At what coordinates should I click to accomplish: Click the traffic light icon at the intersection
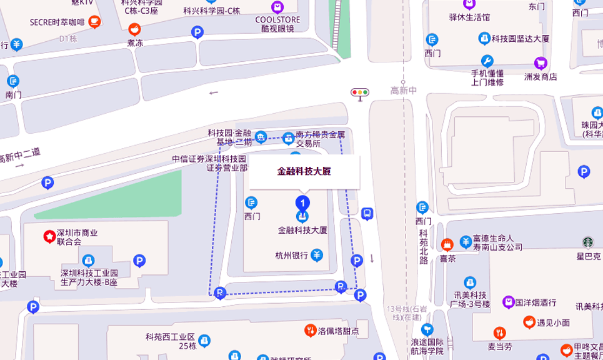[359, 92]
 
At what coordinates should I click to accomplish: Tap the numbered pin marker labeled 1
[302, 203]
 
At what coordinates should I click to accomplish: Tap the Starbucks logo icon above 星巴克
[588, 242]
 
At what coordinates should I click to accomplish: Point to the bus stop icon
[367, 214]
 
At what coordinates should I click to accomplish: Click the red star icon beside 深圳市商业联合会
[48, 236]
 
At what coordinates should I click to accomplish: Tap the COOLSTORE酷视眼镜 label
[277, 24]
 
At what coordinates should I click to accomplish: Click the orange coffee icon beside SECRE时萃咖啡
[94, 22]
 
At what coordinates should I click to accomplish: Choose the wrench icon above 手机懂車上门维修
[487, 61]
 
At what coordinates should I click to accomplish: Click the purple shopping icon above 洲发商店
[540, 63]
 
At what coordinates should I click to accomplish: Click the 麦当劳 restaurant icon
[499, 333]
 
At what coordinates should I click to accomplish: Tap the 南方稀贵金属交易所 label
[321, 138]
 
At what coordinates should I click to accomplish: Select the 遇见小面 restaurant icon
[528, 322]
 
